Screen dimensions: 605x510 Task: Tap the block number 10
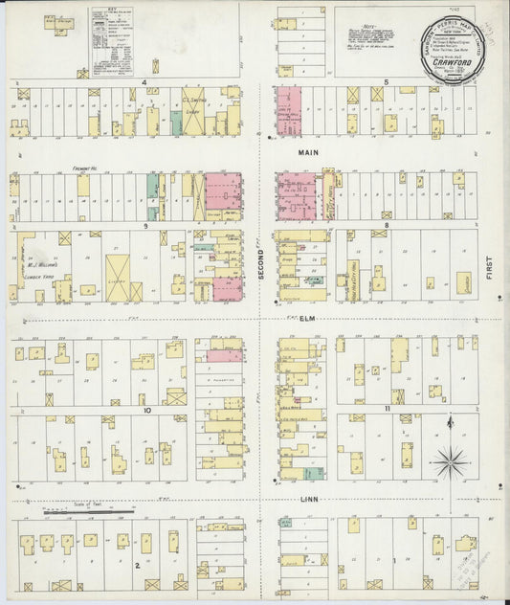pyautogui.click(x=146, y=410)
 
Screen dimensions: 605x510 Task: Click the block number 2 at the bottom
pyautogui.click(x=138, y=565)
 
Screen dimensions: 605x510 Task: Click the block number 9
pyautogui.click(x=144, y=226)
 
